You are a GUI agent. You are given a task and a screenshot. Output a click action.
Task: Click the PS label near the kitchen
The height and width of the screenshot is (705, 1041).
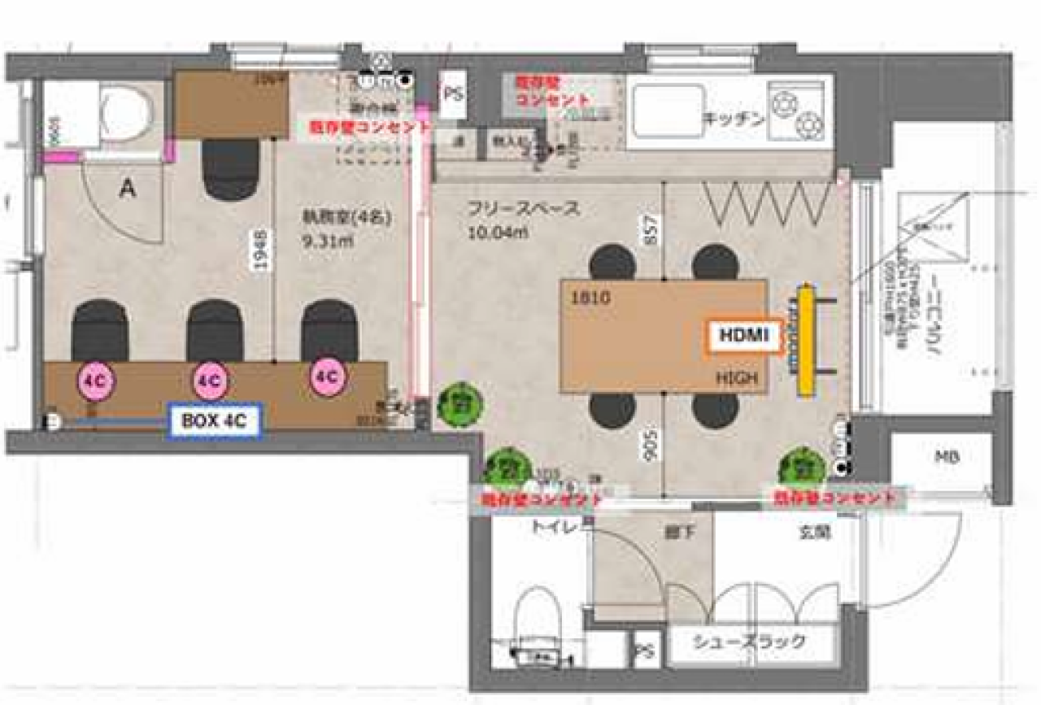(452, 94)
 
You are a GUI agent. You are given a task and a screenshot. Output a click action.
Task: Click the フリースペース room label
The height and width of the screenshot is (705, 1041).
(523, 208)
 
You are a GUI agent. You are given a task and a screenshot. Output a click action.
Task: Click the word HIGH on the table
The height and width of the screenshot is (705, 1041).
(737, 378)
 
